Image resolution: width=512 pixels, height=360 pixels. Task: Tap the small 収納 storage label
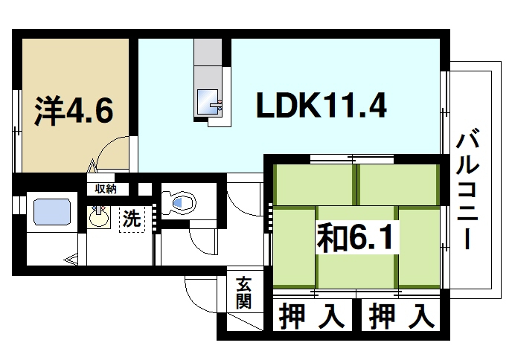pyautogui.click(x=106, y=189)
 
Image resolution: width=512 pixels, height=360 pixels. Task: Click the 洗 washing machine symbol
pyautogui.click(x=132, y=219)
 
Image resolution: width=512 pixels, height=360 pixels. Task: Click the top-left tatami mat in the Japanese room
pyautogui.click(x=315, y=184)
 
